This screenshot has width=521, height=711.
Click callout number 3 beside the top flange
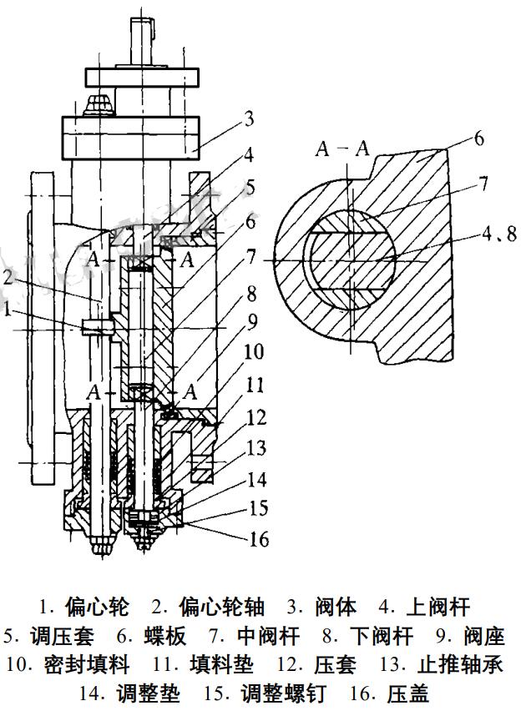248,118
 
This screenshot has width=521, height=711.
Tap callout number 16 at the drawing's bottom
259,539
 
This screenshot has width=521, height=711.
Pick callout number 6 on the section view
478,138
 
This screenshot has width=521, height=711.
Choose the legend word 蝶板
164,636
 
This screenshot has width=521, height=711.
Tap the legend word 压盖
408,693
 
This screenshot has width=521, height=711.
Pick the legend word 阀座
483,636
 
